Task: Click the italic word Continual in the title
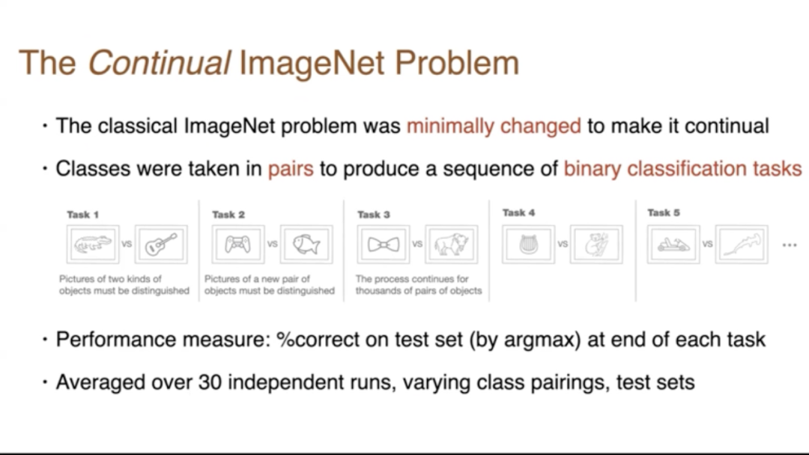[159, 62]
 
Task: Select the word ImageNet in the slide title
[312, 64]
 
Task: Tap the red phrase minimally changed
[494, 126]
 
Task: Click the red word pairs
[291, 169]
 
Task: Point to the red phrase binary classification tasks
[682, 169]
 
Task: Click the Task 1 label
[82, 214]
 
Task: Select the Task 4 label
[518, 213]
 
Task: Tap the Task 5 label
[664, 213]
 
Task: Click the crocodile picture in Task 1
[93, 244]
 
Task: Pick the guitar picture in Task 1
[161, 244]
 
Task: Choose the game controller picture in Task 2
[238, 244]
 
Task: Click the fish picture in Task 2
[306, 244]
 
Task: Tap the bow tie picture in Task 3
[384, 244]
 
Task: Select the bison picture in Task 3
[452, 244]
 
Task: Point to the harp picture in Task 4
[528, 244]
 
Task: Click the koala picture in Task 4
[596, 244]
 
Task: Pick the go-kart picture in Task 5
[673, 244]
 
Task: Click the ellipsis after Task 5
[790, 245]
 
